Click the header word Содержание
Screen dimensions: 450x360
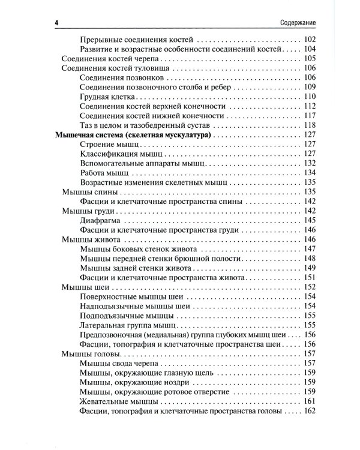click(x=298, y=23)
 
